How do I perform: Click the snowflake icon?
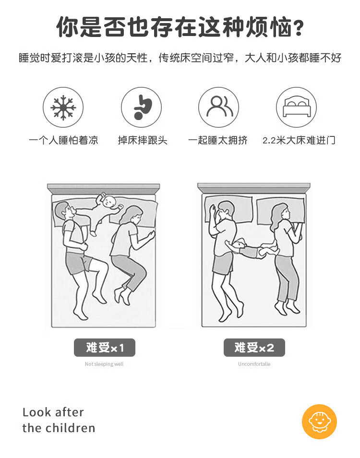click(63, 107)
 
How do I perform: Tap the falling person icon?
click(142, 107)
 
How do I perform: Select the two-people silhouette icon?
click(219, 106)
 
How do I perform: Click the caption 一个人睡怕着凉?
click(63, 140)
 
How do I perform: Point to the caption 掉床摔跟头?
click(143, 140)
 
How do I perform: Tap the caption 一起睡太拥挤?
click(218, 140)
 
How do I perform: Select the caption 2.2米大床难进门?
click(299, 140)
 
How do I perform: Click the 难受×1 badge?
click(105, 348)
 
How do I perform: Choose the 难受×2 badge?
click(254, 348)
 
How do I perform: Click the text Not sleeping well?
click(104, 364)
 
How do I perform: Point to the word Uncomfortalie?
click(254, 364)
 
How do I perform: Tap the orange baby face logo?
click(319, 422)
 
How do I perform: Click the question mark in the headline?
click(298, 28)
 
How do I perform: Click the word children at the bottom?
click(71, 428)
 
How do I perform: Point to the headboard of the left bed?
click(104, 189)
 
